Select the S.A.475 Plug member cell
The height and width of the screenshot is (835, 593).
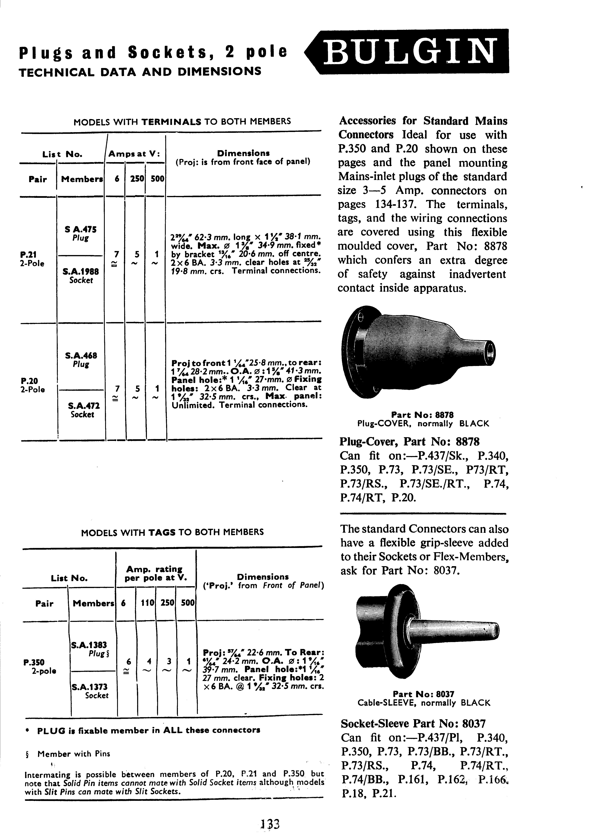(x=80, y=233)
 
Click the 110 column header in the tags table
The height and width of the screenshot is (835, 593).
(x=146, y=603)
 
